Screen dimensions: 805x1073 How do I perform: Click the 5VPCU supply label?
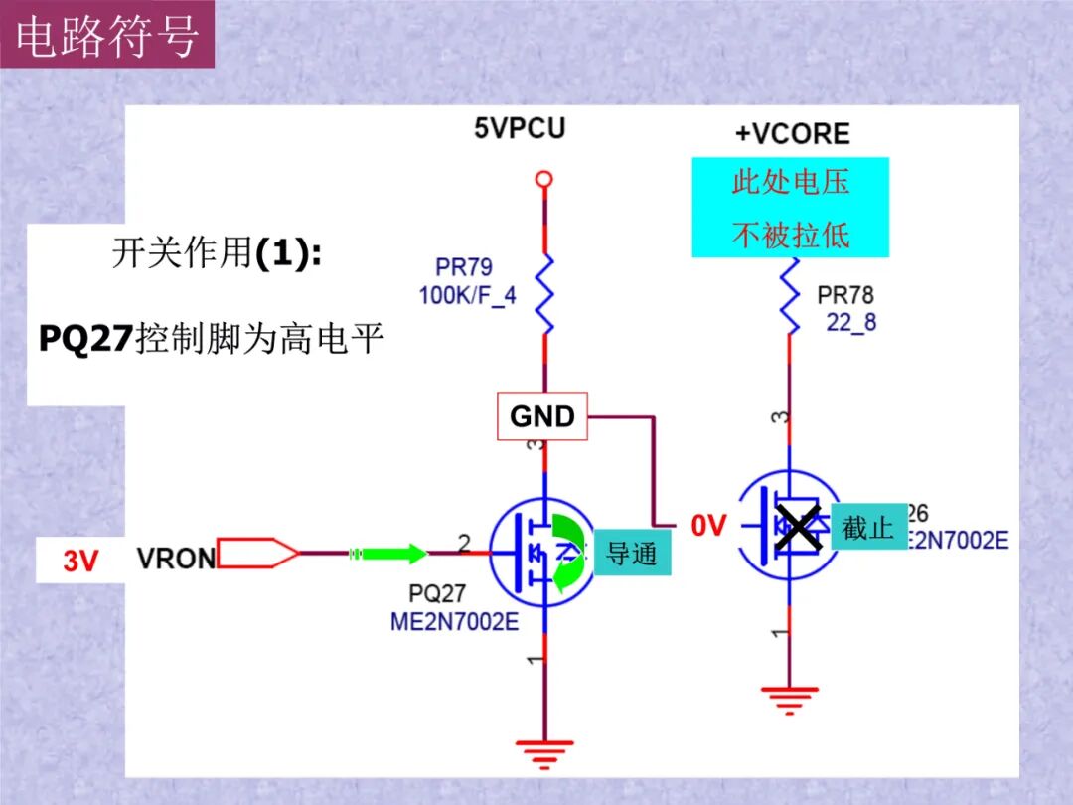[x=519, y=128]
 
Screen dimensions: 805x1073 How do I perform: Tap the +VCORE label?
[x=792, y=134]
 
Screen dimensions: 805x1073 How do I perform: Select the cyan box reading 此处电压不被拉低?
[x=790, y=208]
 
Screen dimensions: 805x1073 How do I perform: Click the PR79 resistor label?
[x=463, y=268]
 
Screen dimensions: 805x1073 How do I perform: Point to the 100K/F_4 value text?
[x=467, y=295]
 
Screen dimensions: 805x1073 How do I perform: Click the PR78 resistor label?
[x=845, y=295]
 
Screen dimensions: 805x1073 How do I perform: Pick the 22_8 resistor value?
[x=851, y=322]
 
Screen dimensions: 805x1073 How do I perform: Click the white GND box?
[x=542, y=416]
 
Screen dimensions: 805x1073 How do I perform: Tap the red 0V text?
[x=709, y=526]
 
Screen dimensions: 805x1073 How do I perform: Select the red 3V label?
[x=81, y=561]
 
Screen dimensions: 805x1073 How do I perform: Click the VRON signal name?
[x=176, y=559]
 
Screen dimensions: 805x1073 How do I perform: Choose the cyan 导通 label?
[x=632, y=553]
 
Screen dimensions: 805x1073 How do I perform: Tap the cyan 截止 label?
[x=868, y=527]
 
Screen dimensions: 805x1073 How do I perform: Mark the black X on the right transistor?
[x=799, y=527]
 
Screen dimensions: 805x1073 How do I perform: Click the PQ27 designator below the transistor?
[x=437, y=593]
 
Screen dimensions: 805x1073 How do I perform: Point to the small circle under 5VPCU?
[x=542, y=180]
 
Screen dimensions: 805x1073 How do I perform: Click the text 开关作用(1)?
[x=216, y=254]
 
